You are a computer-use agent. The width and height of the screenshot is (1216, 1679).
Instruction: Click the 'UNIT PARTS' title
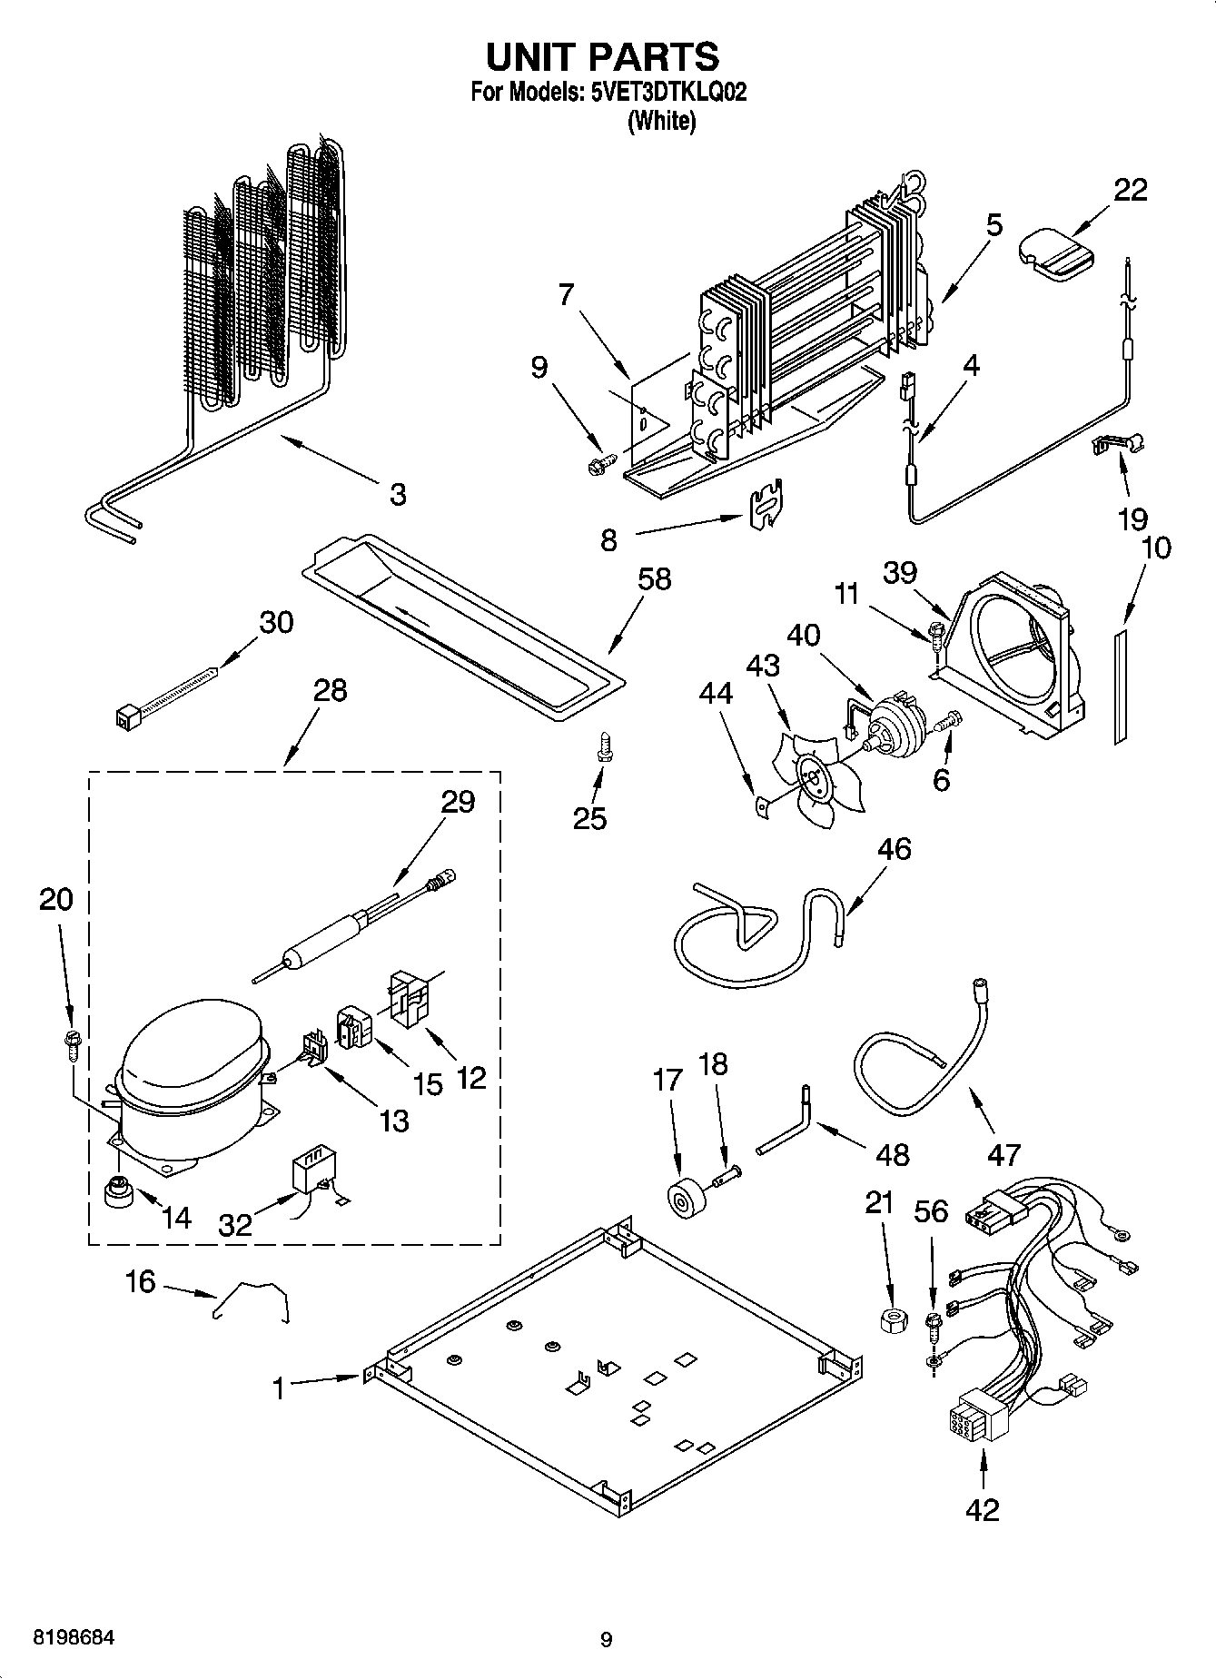click(602, 56)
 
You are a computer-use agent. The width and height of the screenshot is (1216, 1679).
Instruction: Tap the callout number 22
click(1130, 190)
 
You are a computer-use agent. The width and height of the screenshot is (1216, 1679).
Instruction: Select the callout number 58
click(654, 578)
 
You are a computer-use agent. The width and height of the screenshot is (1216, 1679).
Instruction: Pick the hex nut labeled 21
click(895, 1319)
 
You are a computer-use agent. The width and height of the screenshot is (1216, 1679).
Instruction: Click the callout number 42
click(983, 1508)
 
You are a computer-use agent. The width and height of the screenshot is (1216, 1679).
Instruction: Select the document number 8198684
click(74, 1638)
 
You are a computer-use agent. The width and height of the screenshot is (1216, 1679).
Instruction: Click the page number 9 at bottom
click(606, 1639)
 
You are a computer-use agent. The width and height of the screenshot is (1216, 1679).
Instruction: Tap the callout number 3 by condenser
click(397, 495)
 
